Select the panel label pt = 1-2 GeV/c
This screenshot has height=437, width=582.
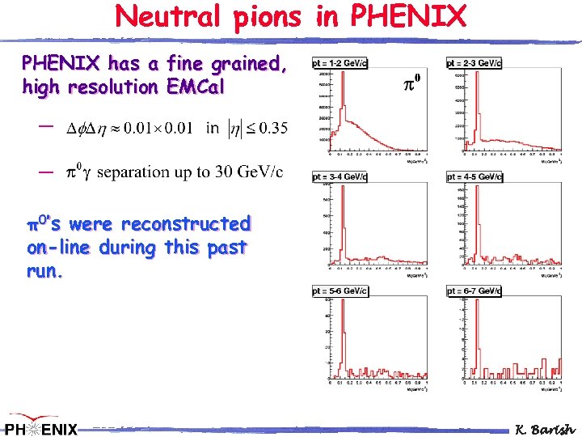click(x=340, y=63)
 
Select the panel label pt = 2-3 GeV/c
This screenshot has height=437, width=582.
click(x=474, y=63)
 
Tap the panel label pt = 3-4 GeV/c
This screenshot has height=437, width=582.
click(x=340, y=176)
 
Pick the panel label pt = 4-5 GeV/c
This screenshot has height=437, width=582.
click(x=474, y=176)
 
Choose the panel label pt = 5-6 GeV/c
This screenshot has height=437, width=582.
click(x=340, y=291)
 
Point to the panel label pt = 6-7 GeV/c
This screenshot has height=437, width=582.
click(x=474, y=291)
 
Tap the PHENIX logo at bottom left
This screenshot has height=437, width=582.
click(x=40, y=427)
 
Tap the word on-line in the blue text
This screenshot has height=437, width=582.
click(x=61, y=248)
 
